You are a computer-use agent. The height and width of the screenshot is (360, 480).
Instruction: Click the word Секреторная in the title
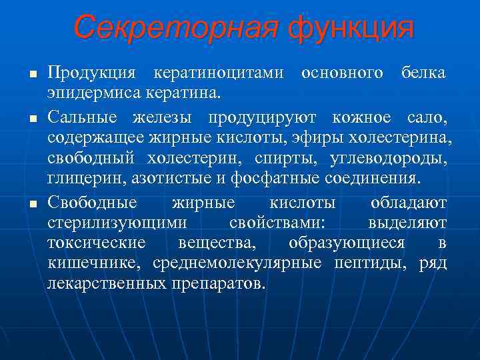(x=175, y=28)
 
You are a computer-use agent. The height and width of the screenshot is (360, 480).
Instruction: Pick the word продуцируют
(x=264, y=119)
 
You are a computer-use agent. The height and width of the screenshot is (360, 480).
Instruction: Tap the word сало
(x=427, y=119)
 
